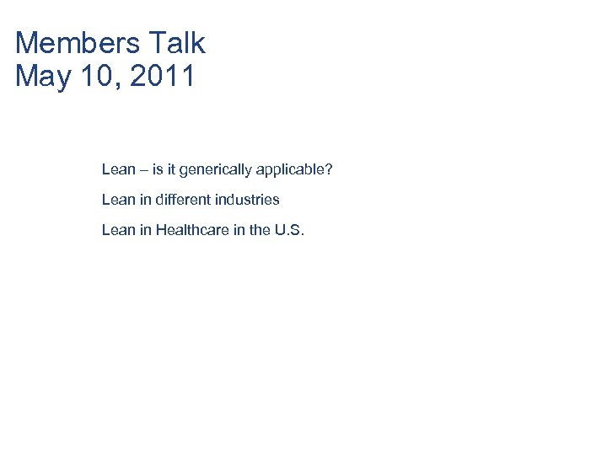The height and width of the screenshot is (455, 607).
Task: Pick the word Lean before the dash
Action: click(118, 170)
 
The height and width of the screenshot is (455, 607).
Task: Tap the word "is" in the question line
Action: click(158, 170)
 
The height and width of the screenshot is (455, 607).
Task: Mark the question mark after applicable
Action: click(329, 170)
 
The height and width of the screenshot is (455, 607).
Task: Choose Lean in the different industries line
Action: click(118, 201)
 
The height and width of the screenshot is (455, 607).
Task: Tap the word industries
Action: click(248, 201)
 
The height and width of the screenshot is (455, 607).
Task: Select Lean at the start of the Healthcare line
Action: click(118, 230)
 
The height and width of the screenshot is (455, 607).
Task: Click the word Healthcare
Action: click(192, 230)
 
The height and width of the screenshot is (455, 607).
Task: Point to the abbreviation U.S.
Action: click(289, 230)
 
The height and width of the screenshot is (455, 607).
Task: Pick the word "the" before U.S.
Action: click(261, 230)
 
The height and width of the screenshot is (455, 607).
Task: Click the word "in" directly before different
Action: click(145, 201)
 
